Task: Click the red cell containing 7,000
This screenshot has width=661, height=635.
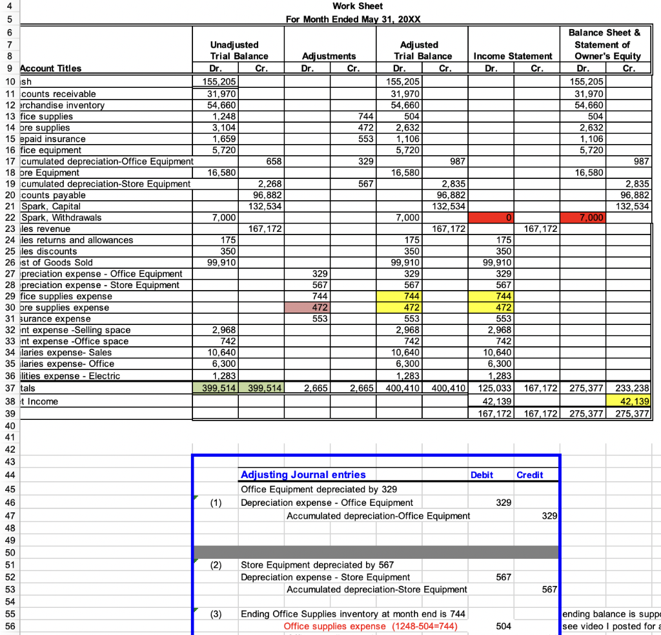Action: click(x=585, y=218)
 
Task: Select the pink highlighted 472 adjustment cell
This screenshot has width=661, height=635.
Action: click(x=307, y=307)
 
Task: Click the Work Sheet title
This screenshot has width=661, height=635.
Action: click(x=357, y=6)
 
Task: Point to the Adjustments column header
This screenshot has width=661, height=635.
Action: click(x=329, y=56)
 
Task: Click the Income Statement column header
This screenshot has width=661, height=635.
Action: click(x=513, y=56)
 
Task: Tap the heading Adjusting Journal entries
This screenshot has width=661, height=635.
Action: click(x=303, y=475)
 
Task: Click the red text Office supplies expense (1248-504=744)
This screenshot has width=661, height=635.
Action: click(x=371, y=626)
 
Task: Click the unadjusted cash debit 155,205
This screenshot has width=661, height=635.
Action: click(x=216, y=82)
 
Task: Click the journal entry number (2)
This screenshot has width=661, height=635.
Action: click(x=217, y=565)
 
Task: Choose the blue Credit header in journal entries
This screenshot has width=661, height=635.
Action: click(x=529, y=475)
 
